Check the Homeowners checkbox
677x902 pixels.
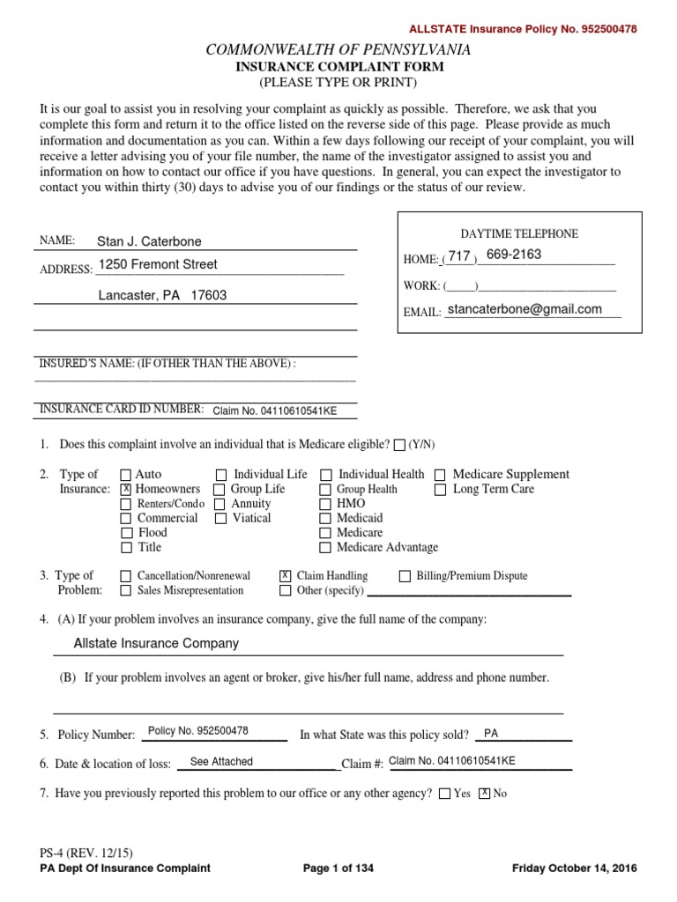point(125,489)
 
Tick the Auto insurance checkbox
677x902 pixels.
point(125,475)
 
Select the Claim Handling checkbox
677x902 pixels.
point(285,575)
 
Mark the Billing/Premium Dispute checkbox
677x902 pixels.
point(405,576)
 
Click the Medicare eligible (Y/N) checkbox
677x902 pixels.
point(400,445)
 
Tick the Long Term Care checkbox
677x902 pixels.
point(440,490)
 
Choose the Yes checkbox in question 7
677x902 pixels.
point(443,794)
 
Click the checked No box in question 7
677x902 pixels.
point(484,794)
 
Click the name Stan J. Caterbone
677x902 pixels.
point(155,241)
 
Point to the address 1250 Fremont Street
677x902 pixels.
point(158,264)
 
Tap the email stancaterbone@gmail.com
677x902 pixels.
point(524,309)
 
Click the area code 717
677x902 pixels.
point(459,256)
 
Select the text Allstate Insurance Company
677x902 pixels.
point(156,643)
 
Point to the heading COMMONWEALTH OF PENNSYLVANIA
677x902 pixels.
point(338,50)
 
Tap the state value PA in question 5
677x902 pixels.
point(491,733)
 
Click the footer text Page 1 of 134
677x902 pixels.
point(338,868)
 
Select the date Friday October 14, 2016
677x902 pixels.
point(574,868)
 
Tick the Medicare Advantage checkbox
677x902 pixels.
point(326,547)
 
